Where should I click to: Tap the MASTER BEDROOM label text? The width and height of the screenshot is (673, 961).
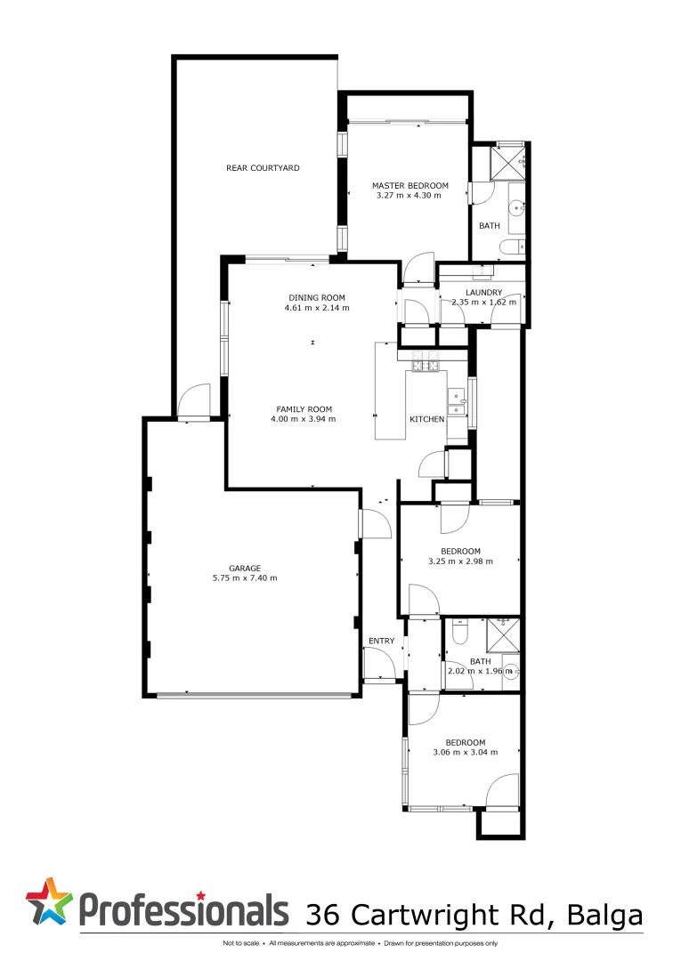click(409, 186)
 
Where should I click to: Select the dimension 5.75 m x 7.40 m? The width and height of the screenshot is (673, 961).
click(244, 577)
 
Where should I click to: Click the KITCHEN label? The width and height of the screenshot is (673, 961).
click(426, 419)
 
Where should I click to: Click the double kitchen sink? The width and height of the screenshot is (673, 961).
click(457, 402)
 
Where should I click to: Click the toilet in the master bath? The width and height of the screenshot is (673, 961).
click(511, 247)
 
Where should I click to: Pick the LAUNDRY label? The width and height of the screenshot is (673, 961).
click(483, 292)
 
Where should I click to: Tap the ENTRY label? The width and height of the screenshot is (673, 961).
click(381, 641)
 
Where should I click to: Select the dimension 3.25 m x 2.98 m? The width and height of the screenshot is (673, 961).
click(460, 561)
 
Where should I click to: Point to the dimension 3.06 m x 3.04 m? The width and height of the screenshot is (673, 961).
click(465, 752)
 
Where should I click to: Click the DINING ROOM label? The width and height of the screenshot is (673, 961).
click(316, 297)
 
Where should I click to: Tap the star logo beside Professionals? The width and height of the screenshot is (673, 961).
click(50, 900)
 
